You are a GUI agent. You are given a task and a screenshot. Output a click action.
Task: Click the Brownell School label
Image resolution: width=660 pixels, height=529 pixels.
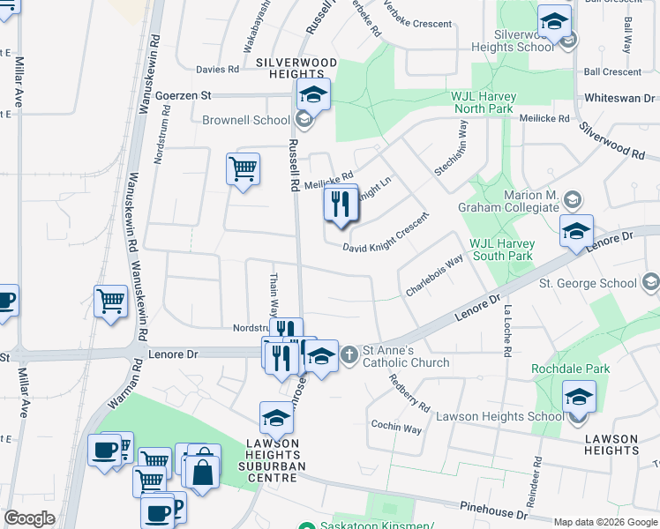[x=245, y=120]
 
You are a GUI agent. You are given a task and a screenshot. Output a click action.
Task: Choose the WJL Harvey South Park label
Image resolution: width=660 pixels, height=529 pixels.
[x=501, y=250]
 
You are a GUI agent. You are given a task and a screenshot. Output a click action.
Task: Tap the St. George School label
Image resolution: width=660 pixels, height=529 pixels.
[x=588, y=283]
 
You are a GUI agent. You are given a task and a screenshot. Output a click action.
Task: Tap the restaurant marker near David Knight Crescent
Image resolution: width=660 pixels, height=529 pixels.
[x=340, y=205]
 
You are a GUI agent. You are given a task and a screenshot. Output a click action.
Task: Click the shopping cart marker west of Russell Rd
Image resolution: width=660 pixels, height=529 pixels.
[x=243, y=168]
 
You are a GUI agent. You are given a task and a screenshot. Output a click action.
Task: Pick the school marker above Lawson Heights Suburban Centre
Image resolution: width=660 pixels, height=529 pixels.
[x=276, y=418]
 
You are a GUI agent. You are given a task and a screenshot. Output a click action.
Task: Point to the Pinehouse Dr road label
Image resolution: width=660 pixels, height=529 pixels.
[x=494, y=510]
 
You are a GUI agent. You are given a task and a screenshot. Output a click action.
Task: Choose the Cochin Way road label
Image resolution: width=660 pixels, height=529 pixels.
[x=395, y=428]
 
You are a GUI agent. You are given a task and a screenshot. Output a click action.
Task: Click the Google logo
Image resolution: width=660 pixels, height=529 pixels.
[x=30, y=518]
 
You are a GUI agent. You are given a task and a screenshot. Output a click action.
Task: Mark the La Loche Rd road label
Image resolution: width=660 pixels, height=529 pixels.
[x=506, y=331]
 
